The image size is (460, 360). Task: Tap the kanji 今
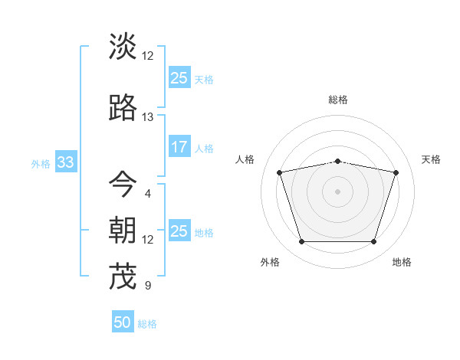coord(123,184)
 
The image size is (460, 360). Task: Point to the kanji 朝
coord(123,230)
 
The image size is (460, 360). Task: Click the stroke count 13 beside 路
coord(147,117)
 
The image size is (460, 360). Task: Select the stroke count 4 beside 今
coord(147,193)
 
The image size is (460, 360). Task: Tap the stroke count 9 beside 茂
coord(147,286)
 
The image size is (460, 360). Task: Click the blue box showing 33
coord(64,163)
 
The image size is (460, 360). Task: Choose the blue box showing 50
coord(123,322)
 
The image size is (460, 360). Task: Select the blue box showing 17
coord(179,147)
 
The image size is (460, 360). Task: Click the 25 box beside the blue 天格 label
coord(179,78)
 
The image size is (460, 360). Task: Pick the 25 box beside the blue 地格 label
coord(179,231)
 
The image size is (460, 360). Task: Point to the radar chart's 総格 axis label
coord(338,100)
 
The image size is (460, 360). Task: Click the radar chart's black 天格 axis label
coord(431,159)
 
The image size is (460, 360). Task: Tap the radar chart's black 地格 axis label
coord(402,262)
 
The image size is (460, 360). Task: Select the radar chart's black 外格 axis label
coord(270,262)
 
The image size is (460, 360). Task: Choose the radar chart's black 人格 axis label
coord(245,159)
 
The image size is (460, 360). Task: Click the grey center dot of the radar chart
coord(338,191)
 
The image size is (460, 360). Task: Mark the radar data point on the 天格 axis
coord(396,173)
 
